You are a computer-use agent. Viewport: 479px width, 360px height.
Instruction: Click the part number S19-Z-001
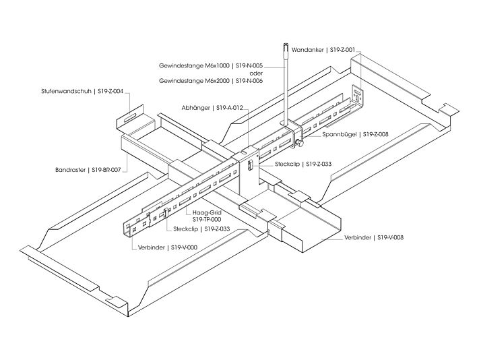pos(342,49)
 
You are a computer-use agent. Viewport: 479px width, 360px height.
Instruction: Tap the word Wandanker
pos(307,49)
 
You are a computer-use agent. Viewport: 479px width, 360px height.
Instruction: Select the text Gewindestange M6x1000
pos(194,66)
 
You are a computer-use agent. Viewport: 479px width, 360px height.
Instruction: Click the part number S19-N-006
pos(249,81)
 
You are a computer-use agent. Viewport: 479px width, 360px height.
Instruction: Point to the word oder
pos(255,73)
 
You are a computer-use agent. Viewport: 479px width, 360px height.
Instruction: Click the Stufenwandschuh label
pos(67,90)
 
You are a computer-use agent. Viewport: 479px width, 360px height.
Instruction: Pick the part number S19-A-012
pos(229,107)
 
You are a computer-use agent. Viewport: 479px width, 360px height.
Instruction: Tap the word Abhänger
pos(195,107)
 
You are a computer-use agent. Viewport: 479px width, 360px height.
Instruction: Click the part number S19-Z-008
pos(376,134)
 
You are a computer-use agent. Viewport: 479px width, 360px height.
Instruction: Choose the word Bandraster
pos(71,170)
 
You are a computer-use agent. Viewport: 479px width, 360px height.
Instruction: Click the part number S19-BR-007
pos(106,170)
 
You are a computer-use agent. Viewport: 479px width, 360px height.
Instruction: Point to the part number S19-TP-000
pos(207,219)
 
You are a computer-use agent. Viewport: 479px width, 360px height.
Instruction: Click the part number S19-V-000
pos(183,247)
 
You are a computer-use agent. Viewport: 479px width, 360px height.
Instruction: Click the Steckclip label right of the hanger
pos(288,164)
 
